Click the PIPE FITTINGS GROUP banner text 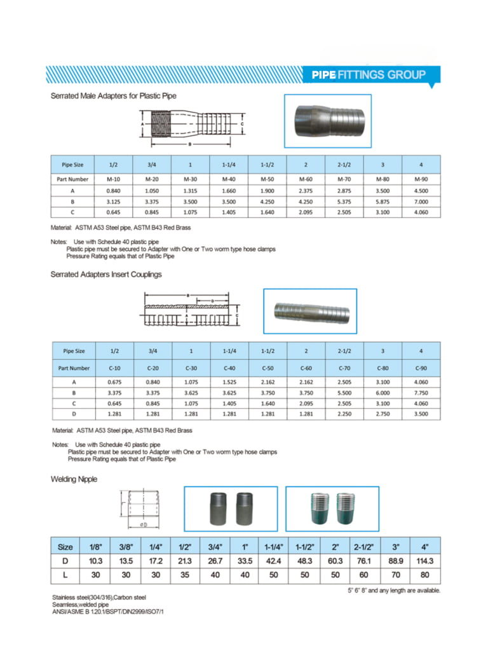(x=369, y=75)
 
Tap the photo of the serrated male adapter (x=327, y=121)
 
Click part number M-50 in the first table (x=267, y=179)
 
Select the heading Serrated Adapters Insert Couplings (x=106, y=274)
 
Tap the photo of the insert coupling (x=310, y=311)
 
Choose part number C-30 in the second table (x=191, y=367)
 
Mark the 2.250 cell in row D (x=344, y=414)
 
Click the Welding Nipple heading (x=74, y=479)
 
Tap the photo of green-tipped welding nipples (x=332, y=509)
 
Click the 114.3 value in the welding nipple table (x=424, y=561)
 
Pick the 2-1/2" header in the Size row (x=363, y=547)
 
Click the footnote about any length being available (x=393, y=591)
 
